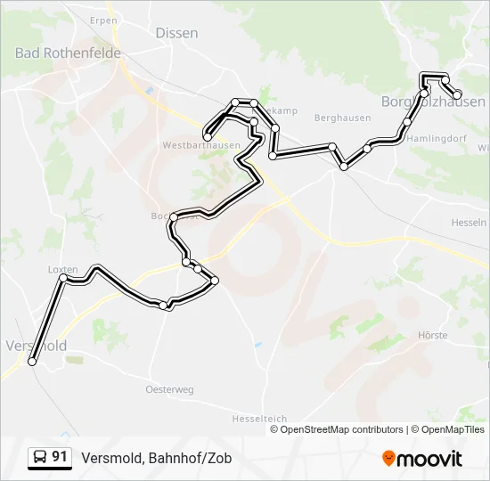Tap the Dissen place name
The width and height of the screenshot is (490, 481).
click(176, 33)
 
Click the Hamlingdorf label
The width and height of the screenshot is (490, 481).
click(437, 139)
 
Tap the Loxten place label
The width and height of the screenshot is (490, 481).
click(62, 269)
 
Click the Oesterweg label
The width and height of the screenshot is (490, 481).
click(169, 389)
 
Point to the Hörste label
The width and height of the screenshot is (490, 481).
click(432, 336)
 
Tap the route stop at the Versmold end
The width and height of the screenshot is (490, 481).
click(33, 362)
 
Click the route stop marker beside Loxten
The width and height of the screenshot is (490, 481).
click(63, 279)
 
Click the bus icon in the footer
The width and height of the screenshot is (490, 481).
click(40, 458)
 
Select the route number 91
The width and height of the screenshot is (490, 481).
click(60, 457)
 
